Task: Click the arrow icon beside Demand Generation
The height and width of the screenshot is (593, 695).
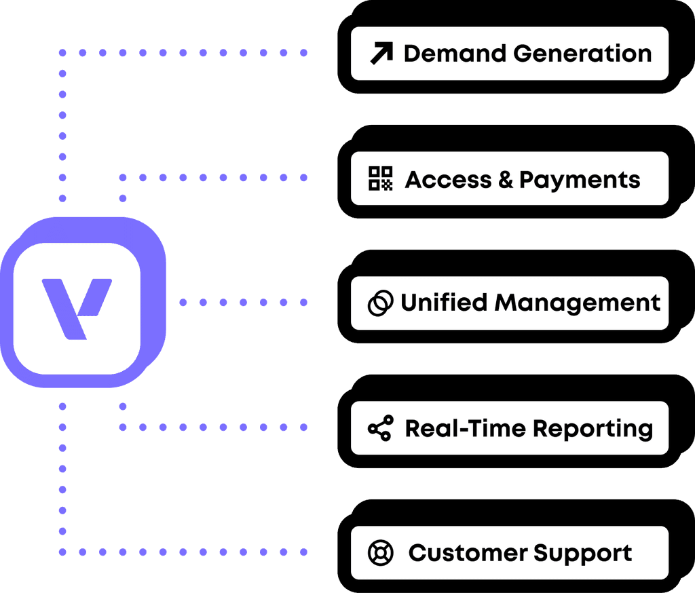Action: (381, 54)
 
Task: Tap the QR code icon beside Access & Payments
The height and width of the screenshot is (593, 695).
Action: (381, 178)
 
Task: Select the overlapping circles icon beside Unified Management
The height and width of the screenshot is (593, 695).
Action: (380, 303)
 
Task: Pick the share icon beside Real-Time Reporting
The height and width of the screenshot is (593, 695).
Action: (380, 428)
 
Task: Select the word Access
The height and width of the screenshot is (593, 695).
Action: (447, 179)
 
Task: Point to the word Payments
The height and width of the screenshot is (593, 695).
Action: (580, 180)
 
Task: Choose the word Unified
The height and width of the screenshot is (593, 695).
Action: (444, 303)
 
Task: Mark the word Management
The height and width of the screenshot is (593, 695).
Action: (577, 303)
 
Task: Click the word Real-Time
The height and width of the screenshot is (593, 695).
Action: (465, 428)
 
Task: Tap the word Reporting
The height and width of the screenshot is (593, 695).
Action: (593, 429)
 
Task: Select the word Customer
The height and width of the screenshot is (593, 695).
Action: (467, 553)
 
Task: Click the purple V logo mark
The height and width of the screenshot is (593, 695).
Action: (76, 307)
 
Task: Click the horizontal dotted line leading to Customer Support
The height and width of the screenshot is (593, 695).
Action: (183, 552)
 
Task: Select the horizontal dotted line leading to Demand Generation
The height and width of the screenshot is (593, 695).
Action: (183, 52)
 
